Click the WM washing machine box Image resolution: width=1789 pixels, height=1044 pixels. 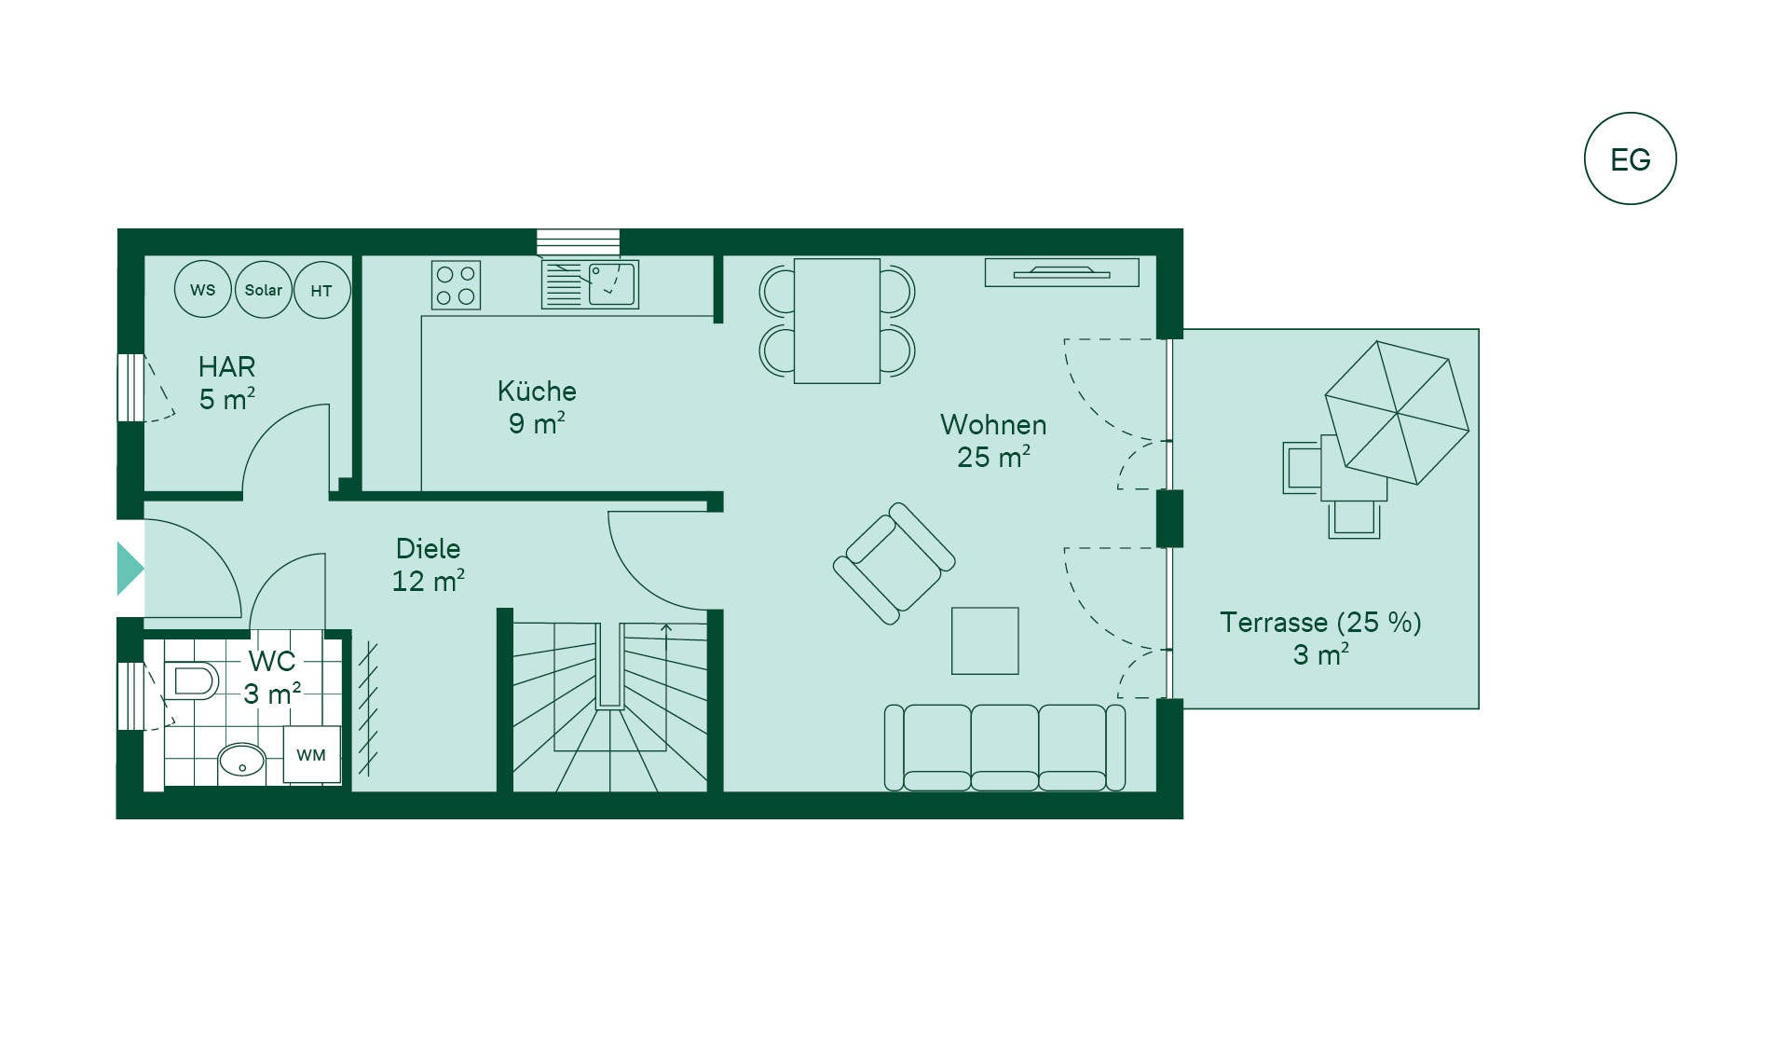tap(311, 754)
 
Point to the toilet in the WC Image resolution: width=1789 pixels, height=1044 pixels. tap(191, 680)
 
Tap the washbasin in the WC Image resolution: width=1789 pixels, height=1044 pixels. tap(242, 763)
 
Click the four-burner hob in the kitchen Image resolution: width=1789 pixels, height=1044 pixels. tap(456, 285)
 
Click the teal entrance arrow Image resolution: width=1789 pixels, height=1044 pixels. tap(129, 569)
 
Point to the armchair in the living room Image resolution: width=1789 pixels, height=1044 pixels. tap(894, 564)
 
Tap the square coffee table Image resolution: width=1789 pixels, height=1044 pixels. tap(985, 640)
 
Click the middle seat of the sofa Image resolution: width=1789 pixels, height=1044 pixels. tap(1004, 748)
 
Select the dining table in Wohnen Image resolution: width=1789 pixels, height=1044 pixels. tap(837, 321)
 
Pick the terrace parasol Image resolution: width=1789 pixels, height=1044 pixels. tap(1397, 412)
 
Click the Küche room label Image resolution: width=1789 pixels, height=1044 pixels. tap(537, 391)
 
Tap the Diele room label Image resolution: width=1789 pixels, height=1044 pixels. tap(428, 548)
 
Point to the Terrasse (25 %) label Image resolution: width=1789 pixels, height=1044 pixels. tap(1320, 622)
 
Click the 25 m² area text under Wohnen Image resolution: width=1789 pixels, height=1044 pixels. tap(993, 457)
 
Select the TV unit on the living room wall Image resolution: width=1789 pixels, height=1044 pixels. tap(1062, 272)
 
